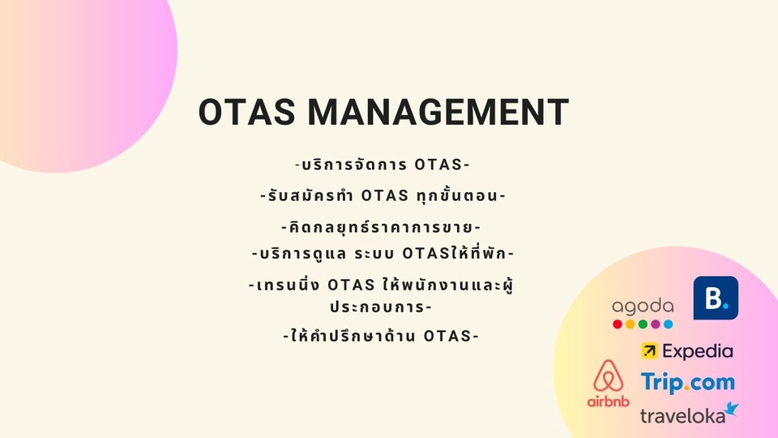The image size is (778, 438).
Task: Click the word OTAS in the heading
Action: [x=246, y=112]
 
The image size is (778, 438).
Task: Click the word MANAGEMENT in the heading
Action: [x=438, y=112]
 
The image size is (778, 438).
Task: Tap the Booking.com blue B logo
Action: [x=716, y=298]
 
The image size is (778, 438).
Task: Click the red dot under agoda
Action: [x=618, y=324]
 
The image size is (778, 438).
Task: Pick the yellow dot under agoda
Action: [x=631, y=324]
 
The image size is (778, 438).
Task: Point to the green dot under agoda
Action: [x=643, y=324]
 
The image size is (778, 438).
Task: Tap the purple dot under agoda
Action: [x=656, y=324]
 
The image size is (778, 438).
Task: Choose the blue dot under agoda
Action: [x=669, y=324]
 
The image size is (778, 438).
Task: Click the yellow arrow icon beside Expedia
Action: [x=649, y=350]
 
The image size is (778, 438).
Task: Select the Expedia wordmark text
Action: [x=697, y=351]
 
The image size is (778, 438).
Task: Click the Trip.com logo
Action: [x=687, y=382]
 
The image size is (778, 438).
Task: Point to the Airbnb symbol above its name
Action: [x=608, y=376]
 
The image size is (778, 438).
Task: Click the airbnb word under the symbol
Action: [x=608, y=401]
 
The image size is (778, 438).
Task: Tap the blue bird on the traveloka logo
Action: [x=731, y=409]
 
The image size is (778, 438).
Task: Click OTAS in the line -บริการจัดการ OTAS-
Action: [x=438, y=165]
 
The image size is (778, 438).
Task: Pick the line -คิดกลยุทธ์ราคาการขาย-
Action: [x=381, y=226]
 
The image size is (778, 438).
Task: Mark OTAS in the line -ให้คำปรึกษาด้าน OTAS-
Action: [x=447, y=336]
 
